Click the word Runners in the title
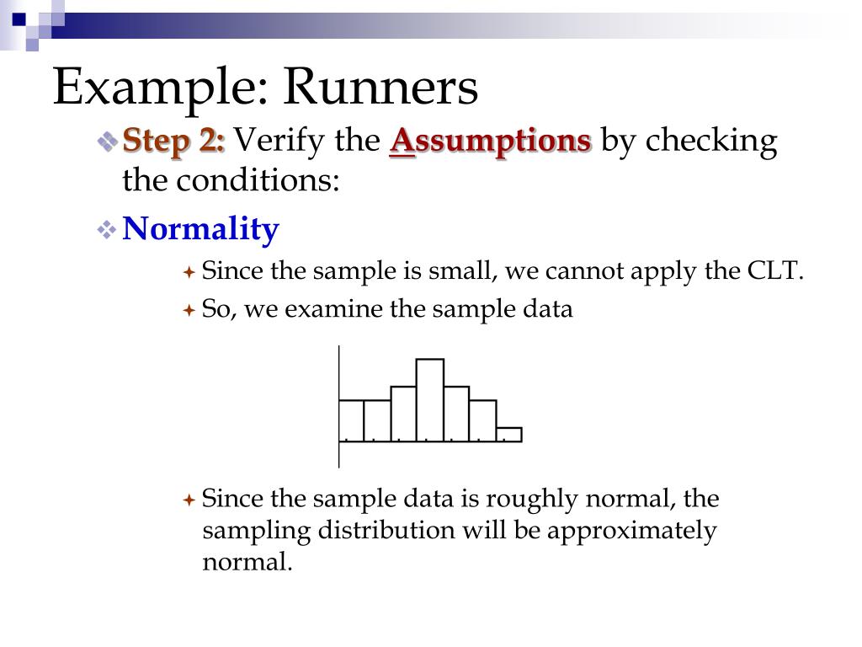[380, 88]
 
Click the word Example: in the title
[161, 88]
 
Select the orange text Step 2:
[174, 141]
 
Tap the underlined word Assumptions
[490, 141]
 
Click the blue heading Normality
[200, 229]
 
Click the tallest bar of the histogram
[430, 399]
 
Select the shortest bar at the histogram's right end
[508, 435]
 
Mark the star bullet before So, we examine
[189, 311]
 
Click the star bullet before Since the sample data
[189, 500]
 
